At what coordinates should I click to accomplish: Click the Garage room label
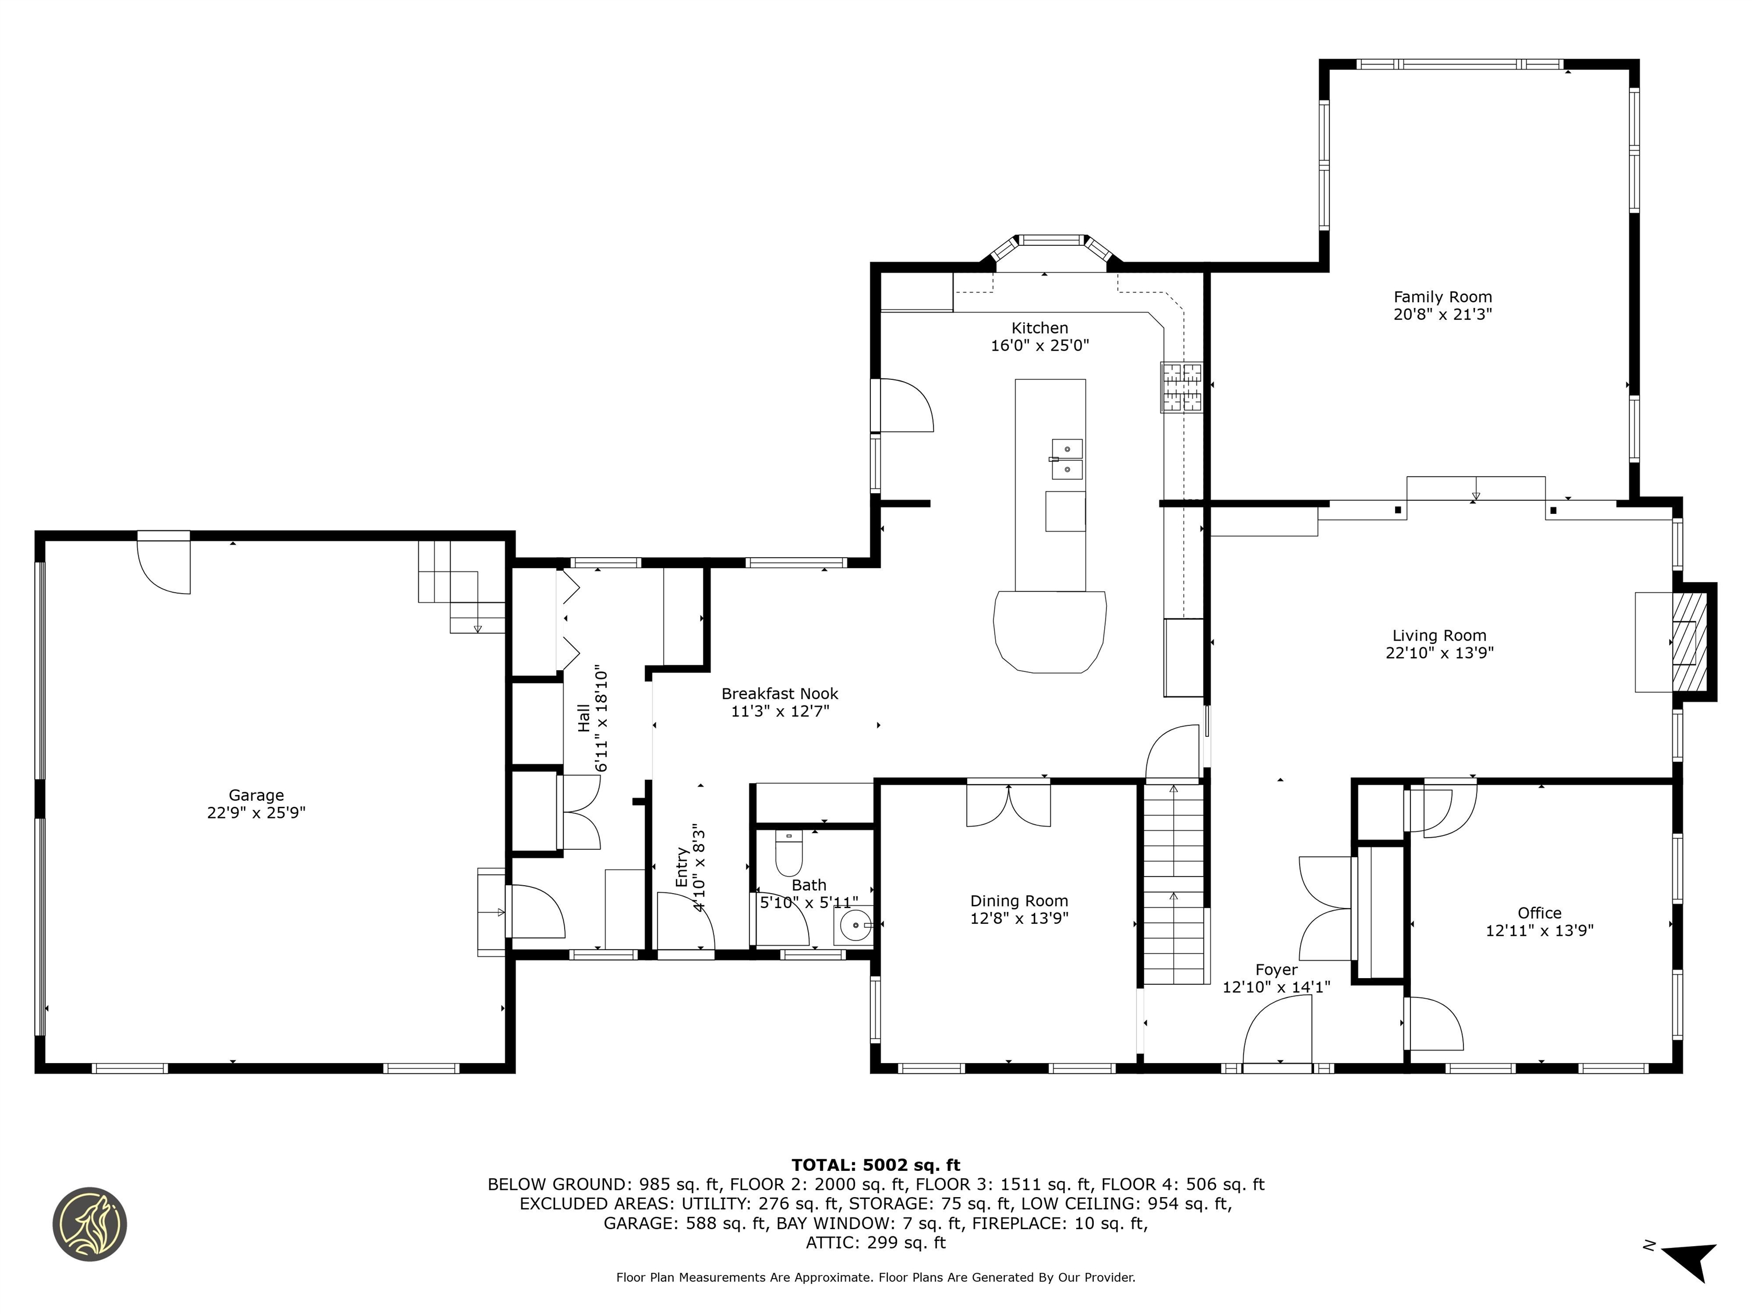coord(256,794)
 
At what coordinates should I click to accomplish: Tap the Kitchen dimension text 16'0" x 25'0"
coord(1039,346)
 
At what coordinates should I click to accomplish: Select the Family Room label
coord(1442,297)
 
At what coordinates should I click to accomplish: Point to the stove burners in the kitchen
coord(1181,387)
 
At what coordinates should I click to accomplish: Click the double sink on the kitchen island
coord(1067,459)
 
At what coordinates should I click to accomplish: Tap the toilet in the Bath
coord(788,853)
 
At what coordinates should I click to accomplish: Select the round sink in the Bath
coord(855,924)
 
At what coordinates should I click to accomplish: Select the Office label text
coord(1539,912)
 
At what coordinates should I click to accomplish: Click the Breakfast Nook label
coord(780,694)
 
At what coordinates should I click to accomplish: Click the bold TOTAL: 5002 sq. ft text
coord(875,1165)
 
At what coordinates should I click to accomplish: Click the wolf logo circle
coord(90,1224)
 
